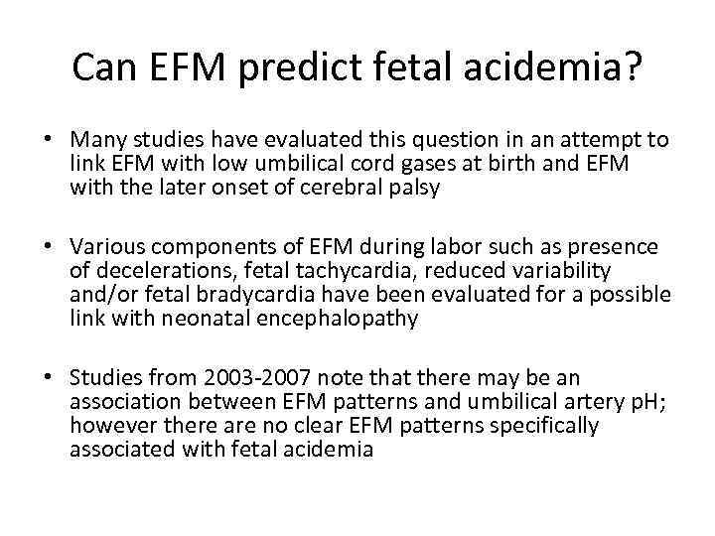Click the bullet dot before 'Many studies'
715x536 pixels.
[49, 141]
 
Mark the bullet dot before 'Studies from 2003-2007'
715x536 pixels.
[49, 378]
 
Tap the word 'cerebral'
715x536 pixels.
[349, 187]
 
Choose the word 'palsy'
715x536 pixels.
[415, 187]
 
